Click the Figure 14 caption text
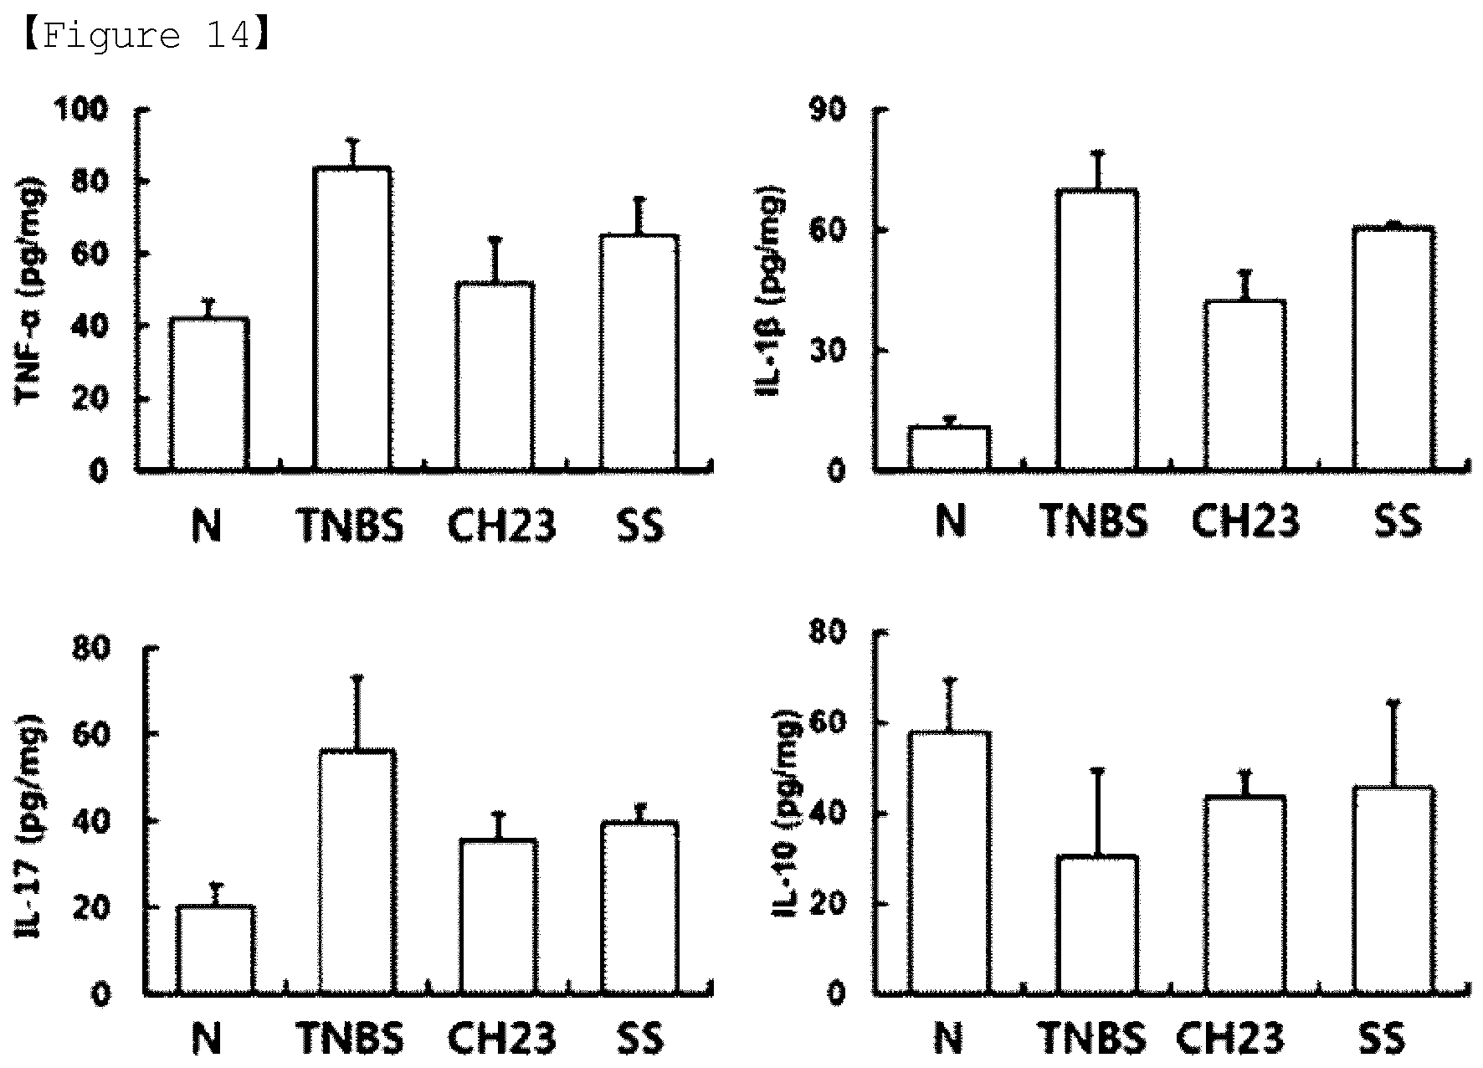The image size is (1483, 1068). [144, 36]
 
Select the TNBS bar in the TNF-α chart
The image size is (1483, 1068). [352, 318]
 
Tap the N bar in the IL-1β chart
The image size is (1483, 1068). [949, 449]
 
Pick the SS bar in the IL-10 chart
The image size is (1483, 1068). [1393, 891]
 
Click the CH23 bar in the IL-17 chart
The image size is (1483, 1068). [498, 917]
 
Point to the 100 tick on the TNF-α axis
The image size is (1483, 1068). [81, 109]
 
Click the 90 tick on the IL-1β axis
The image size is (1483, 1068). [826, 110]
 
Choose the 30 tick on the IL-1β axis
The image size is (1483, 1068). [826, 351]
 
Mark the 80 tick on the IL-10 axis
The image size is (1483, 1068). [826, 632]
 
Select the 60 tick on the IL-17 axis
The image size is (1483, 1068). [92, 734]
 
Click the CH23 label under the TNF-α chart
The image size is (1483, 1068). [501, 526]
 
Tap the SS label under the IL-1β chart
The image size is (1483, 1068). [1398, 520]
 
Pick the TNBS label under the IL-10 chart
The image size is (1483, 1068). [1093, 1038]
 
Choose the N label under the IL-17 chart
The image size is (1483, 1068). [207, 1039]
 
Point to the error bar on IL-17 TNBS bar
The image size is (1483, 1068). [357, 713]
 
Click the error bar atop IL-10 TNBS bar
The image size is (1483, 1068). [1097, 813]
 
